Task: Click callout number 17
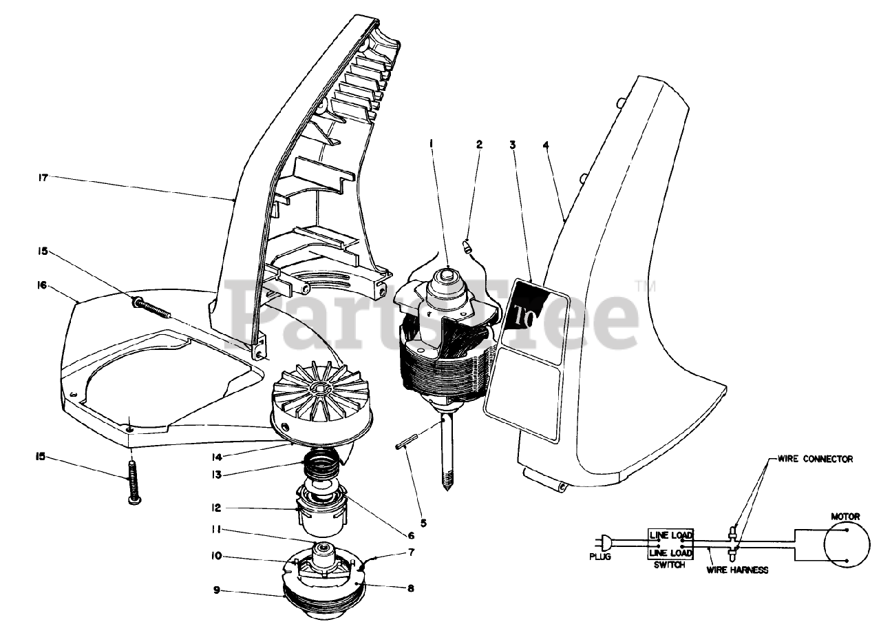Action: (x=43, y=177)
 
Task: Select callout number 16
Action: (x=43, y=285)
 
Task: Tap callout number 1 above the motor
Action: (x=432, y=144)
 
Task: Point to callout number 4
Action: (x=545, y=145)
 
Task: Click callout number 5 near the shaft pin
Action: (x=423, y=523)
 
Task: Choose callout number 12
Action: (x=215, y=508)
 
